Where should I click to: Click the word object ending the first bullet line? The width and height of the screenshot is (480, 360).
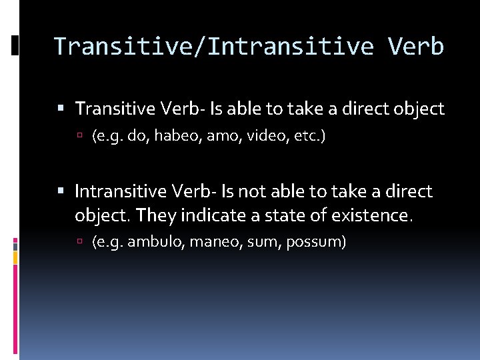pyautogui.click(x=419, y=109)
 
